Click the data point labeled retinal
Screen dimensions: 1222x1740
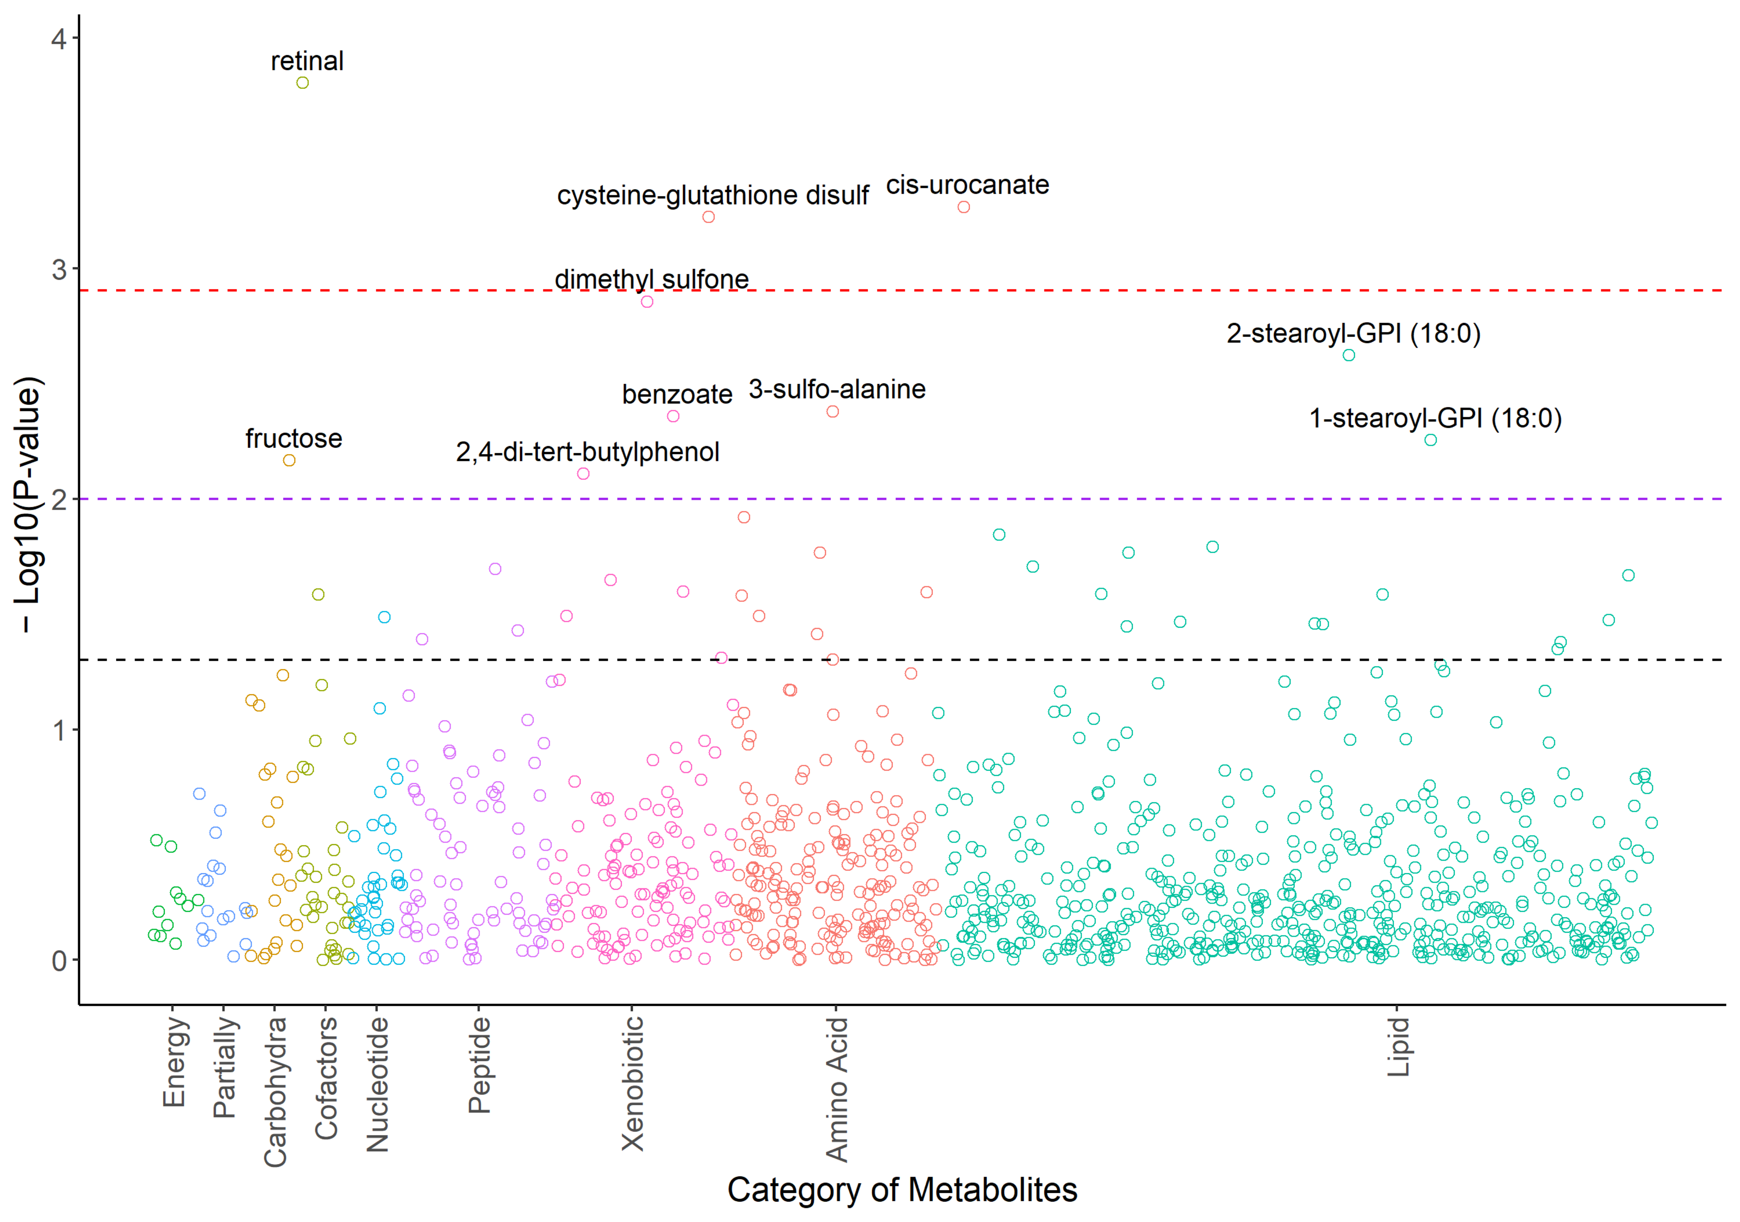(302, 83)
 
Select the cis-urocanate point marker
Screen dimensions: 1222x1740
(963, 207)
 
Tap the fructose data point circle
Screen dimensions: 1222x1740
(289, 460)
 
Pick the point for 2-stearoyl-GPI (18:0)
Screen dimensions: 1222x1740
(1348, 355)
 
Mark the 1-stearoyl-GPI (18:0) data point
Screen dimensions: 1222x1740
(1430, 440)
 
